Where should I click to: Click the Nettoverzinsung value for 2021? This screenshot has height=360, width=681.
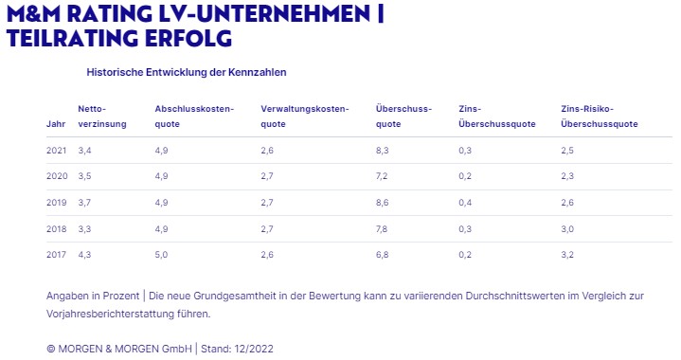pos(84,151)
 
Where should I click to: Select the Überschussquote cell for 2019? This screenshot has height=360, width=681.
pos(383,203)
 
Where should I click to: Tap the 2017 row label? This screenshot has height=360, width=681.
pos(57,255)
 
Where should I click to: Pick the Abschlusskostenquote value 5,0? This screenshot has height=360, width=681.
pos(161,255)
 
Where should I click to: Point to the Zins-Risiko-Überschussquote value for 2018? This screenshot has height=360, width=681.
pos(567,229)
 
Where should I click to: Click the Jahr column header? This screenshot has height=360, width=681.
pos(56,124)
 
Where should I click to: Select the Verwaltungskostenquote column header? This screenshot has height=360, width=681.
pos(305,117)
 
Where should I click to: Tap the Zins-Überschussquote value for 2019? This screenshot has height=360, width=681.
pos(465,203)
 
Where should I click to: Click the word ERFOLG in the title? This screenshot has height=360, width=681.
pos(188,38)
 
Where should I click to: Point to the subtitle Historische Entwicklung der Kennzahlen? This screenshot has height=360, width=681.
pos(187,72)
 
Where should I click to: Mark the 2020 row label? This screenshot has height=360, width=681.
pos(57,176)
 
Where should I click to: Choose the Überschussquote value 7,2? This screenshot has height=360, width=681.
pos(382,176)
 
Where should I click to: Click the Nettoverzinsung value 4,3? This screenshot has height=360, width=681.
pos(84,255)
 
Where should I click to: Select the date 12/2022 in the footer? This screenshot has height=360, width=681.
pos(254,349)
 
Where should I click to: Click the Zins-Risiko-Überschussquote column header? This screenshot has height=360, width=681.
pos(600,117)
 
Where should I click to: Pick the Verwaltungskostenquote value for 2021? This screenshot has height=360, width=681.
pos(267,151)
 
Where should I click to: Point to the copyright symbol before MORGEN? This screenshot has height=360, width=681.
pos(51,349)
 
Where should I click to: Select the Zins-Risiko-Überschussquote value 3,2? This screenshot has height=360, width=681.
pos(567,255)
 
